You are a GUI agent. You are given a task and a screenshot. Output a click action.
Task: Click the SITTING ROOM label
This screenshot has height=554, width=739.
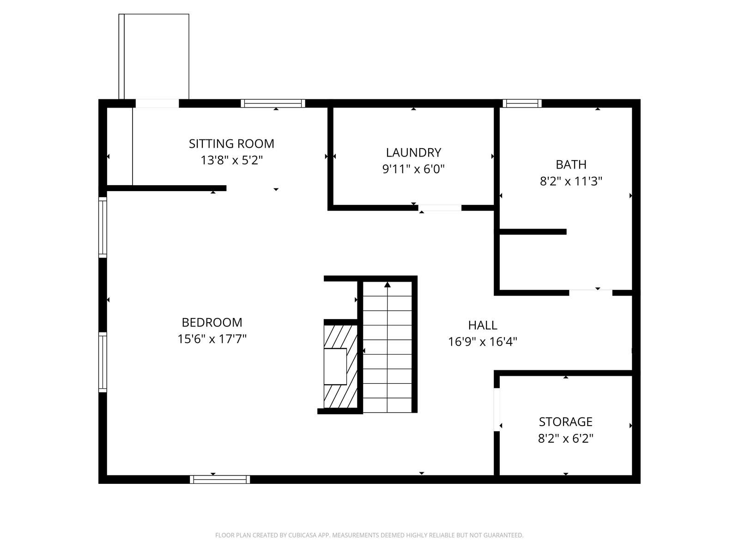click(231, 144)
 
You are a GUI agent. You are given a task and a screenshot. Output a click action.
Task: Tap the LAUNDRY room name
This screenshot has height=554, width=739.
click(413, 152)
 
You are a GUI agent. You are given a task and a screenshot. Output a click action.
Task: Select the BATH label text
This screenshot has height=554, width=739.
click(571, 164)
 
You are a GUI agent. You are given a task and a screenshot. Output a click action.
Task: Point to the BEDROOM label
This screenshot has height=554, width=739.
click(212, 322)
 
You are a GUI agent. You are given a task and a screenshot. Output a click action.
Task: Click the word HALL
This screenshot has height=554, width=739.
click(483, 325)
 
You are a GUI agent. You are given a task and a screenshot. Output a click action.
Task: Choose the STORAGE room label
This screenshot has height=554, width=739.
click(566, 422)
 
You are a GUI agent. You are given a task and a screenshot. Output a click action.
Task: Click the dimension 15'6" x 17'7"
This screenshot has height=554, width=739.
click(212, 339)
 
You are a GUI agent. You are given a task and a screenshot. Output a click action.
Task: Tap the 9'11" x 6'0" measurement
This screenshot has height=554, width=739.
click(413, 169)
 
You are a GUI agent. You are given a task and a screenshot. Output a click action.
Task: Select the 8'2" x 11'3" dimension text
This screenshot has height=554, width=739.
click(571, 181)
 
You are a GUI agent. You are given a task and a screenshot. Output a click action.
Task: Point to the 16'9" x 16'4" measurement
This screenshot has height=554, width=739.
click(483, 342)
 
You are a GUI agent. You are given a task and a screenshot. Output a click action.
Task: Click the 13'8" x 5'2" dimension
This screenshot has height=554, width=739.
click(231, 160)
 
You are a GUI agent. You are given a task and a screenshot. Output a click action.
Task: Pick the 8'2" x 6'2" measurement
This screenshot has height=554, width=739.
click(566, 438)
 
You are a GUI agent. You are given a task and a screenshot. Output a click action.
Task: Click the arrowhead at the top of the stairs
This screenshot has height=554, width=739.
click(388, 284)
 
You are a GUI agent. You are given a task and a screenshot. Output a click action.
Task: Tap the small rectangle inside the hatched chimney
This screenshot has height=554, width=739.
click(335, 366)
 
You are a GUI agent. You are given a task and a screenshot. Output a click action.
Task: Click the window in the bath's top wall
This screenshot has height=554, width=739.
click(522, 103)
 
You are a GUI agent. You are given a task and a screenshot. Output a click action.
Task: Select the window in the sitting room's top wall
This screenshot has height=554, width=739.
click(273, 103)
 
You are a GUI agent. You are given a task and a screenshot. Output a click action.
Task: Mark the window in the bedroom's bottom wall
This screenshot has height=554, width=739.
click(220, 479)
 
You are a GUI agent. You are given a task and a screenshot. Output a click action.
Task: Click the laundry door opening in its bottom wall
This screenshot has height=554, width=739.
click(440, 208)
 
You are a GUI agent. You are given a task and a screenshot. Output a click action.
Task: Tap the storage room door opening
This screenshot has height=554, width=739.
click(497, 409)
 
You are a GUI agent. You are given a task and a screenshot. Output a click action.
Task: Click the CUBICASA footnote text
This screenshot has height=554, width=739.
click(369, 535)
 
